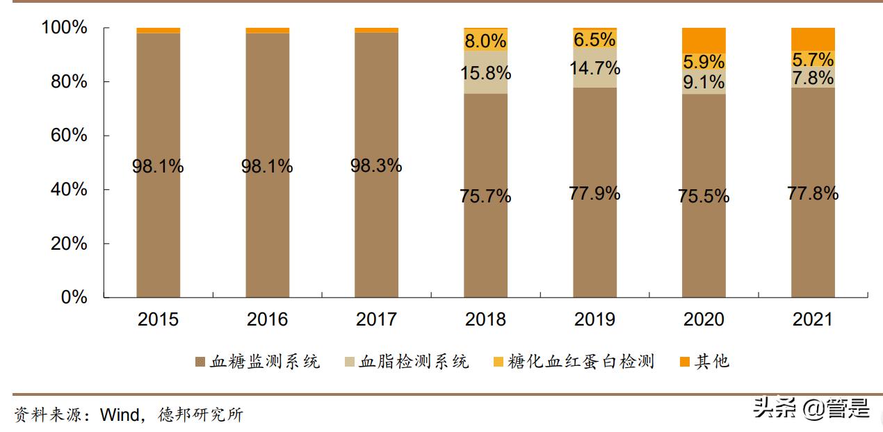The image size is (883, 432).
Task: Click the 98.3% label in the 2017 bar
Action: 376,166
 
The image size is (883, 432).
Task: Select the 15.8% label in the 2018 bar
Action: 485,72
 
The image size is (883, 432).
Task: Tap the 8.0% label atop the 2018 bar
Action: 485,40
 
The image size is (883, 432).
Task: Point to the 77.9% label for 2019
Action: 594,193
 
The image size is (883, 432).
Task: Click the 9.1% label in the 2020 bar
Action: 704,82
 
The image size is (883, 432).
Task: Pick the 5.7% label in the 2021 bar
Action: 813,61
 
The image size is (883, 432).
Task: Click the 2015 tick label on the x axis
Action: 158,319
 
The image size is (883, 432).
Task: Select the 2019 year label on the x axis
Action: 594,319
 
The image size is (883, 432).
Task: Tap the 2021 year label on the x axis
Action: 813,319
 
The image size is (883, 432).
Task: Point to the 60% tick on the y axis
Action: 69,135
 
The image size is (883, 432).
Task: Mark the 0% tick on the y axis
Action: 74,297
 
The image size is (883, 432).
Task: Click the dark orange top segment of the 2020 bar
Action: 704,39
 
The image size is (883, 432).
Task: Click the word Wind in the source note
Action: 120,415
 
